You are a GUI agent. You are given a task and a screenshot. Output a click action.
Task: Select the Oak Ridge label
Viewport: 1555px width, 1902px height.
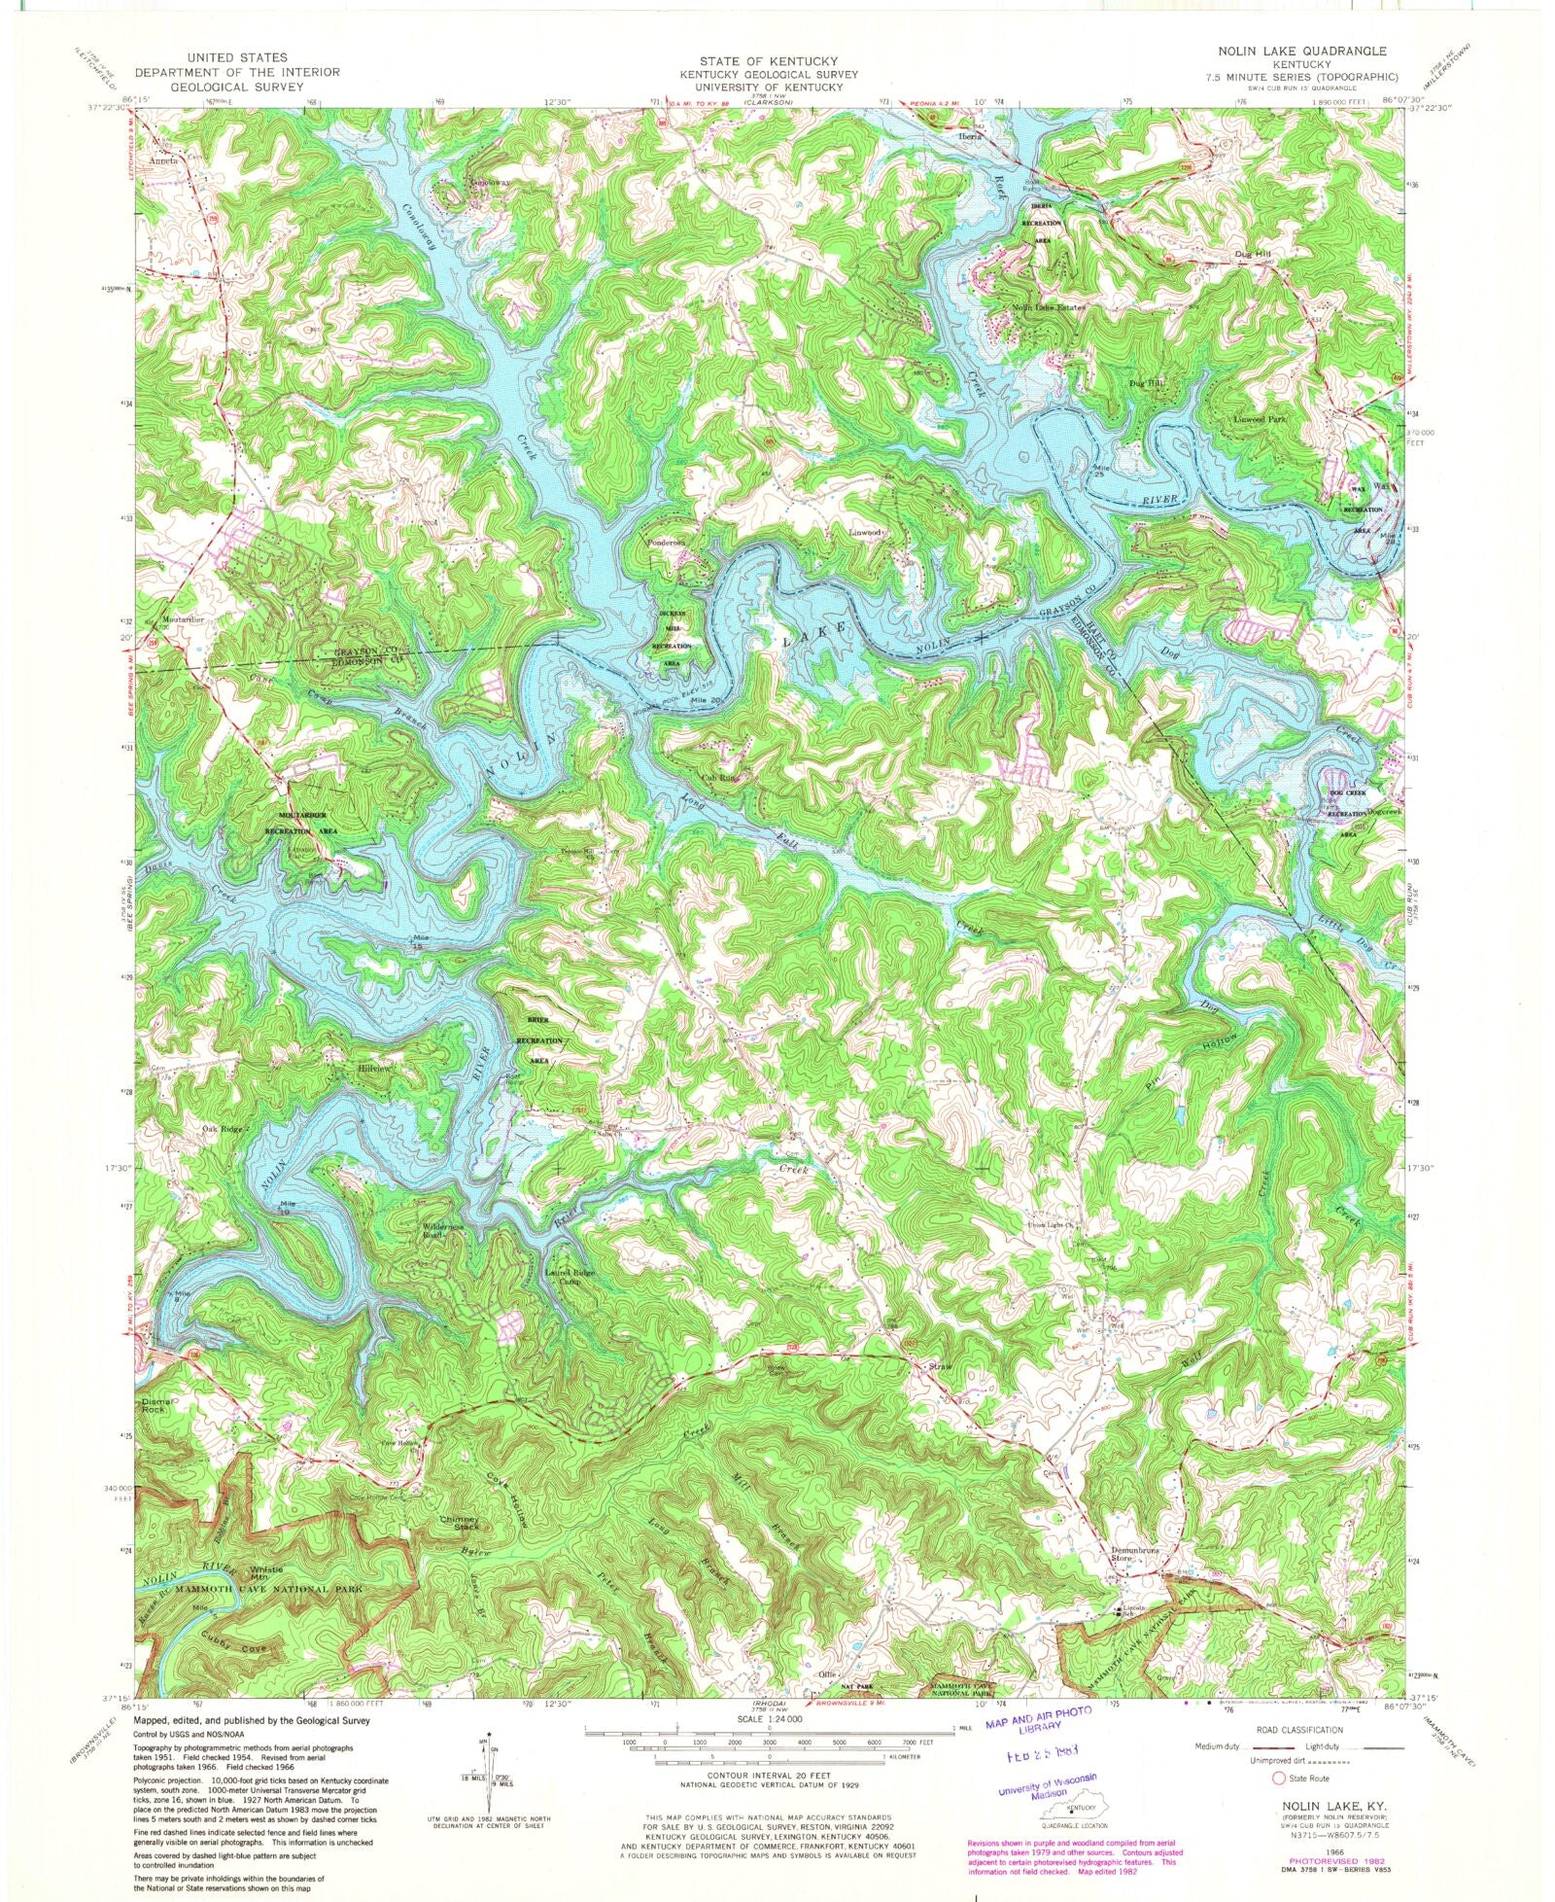click(x=222, y=1129)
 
